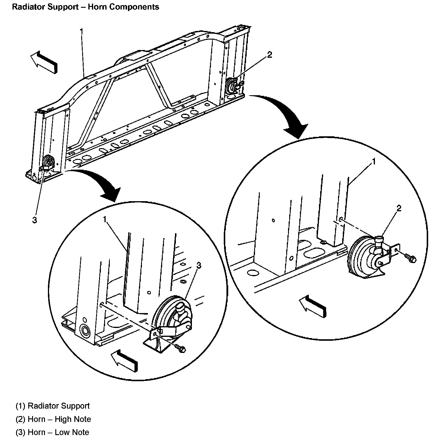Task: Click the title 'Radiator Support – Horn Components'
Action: (85, 7)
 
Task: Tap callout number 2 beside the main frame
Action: (270, 55)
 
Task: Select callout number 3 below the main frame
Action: (35, 220)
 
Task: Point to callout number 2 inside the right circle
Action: (399, 208)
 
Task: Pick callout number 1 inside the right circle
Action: (374, 162)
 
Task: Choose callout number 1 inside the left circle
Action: (105, 219)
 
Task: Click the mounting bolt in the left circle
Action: (180, 348)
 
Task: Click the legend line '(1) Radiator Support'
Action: (53, 406)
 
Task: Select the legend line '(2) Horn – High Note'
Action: (53, 419)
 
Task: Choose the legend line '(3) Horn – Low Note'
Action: (52, 432)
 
